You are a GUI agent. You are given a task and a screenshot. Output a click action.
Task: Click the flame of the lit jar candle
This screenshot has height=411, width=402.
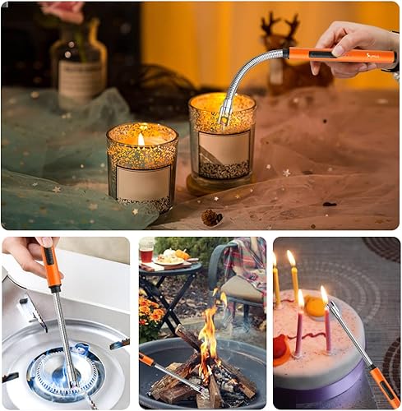click(x=141, y=141)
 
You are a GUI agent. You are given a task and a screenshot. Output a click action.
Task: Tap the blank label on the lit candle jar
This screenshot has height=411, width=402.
click(x=143, y=182)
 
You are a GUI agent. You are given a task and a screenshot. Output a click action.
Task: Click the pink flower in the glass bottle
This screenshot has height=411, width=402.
click(x=66, y=9)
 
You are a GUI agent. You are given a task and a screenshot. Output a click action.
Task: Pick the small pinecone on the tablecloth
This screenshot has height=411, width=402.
click(x=212, y=217)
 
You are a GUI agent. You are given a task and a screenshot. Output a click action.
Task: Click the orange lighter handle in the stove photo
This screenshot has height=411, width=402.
click(x=53, y=271)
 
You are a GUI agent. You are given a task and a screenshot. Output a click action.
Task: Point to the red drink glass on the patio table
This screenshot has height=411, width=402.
click(x=146, y=251)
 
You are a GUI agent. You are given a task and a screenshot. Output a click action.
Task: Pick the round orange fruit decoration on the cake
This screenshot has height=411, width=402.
click(x=315, y=307)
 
